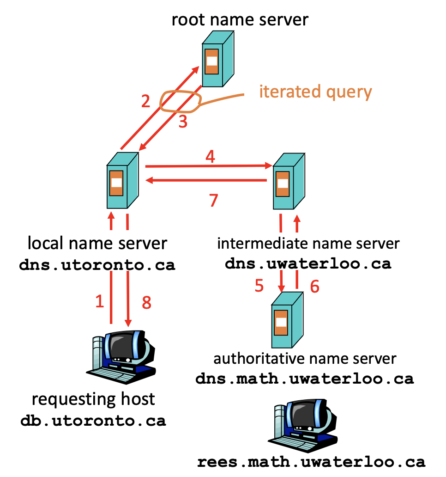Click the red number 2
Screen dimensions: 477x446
tap(146, 101)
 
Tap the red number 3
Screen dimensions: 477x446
tap(183, 123)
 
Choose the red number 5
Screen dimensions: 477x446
tap(259, 286)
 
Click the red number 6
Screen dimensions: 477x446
tap(314, 287)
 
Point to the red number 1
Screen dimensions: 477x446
tap(100, 302)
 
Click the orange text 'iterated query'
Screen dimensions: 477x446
tap(315, 92)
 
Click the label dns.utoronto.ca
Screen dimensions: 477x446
tap(97, 266)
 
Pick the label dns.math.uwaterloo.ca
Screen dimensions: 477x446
tap(305, 379)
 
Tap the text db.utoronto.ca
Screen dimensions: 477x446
tap(93, 421)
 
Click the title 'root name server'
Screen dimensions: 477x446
tap(240, 20)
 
